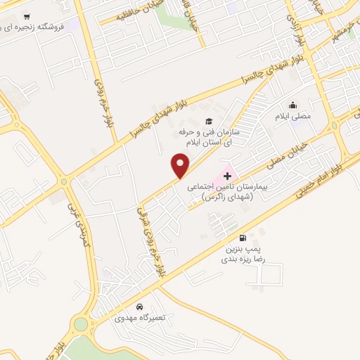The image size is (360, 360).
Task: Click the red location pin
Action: coord(181,165)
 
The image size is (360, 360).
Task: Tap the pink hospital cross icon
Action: coord(227,176)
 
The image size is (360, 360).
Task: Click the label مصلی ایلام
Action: coord(292,116)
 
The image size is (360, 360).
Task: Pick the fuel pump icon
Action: coord(243,238)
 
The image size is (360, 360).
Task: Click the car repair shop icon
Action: coord(140,307)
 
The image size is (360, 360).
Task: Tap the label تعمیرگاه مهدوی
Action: coord(141,318)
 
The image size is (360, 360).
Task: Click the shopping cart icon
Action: coord(26,16)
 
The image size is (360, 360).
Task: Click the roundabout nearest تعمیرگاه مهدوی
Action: coord(82,325)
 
